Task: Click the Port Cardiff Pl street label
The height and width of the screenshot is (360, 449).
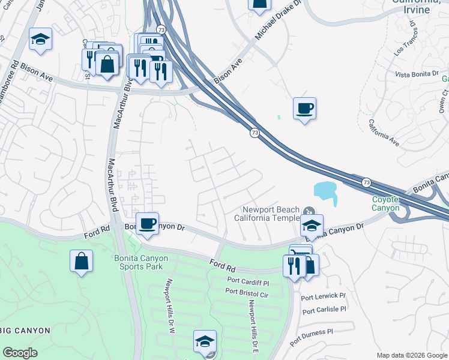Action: pyautogui.click(x=250, y=281)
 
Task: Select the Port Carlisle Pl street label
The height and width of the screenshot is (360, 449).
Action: pyautogui.click(x=325, y=310)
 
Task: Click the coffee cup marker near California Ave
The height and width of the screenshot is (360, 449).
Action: pyautogui.click(x=304, y=108)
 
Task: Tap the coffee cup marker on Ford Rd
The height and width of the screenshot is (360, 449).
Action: pyautogui.click(x=147, y=224)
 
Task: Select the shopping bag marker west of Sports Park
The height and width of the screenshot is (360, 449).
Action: pyautogui.click(x=81, y=261)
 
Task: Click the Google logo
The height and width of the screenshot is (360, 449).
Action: pyautogui.click(x=20, y=353)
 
